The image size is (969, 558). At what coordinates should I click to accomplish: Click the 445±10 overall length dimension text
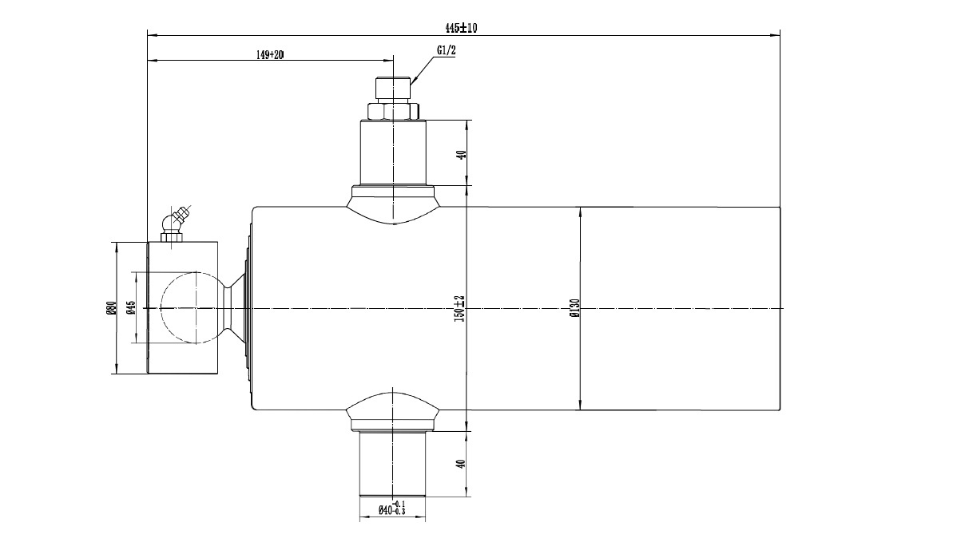point(461,28)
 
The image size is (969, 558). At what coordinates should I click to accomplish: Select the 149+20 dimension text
point(270,54)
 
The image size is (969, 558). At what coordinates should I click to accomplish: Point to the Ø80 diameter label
point(110,308)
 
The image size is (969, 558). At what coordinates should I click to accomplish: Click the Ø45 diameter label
point(129,308)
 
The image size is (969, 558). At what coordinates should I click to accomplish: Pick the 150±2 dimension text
point(459,308)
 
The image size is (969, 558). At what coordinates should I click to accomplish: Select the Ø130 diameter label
point(574,308)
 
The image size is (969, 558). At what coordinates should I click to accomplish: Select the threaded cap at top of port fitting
point(392,88)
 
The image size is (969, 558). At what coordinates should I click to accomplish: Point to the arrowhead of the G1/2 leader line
point(412,80)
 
